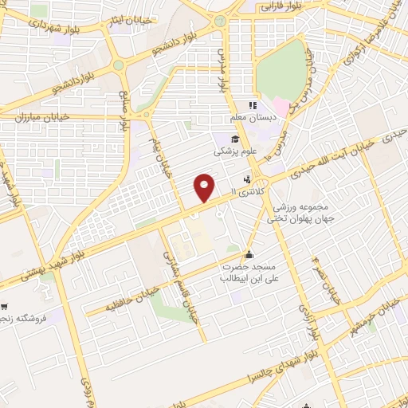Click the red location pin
point(205,186)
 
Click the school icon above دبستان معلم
point(253,105)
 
